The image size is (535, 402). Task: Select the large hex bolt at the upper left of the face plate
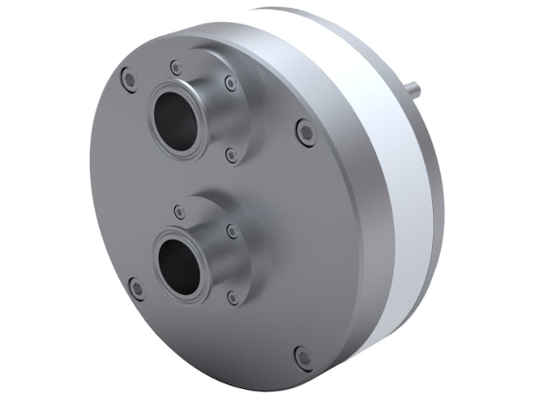coord(128,79)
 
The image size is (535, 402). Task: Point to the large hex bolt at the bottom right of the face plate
coord(303,356)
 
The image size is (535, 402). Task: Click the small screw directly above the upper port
coord(175,67)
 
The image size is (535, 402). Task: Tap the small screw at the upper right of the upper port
coord(231,83)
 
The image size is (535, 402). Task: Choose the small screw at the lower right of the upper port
coord(231,154)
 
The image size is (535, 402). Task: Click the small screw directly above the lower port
coord(180,213)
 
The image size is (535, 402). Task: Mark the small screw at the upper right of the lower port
coord(233,231)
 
